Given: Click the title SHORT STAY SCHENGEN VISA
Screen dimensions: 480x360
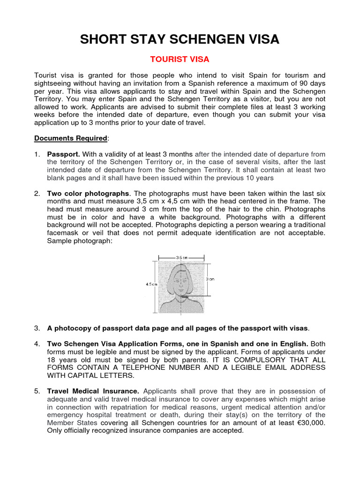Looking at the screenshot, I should pos(180,40).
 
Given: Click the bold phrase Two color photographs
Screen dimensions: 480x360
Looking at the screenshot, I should pos(88,194).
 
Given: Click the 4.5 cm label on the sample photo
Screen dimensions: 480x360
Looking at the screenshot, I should pos(151,284).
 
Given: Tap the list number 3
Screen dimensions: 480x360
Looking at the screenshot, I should pos(37,328).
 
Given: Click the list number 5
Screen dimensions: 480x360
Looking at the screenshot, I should pos(37,391).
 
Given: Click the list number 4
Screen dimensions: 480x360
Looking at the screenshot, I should pos(37,344).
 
